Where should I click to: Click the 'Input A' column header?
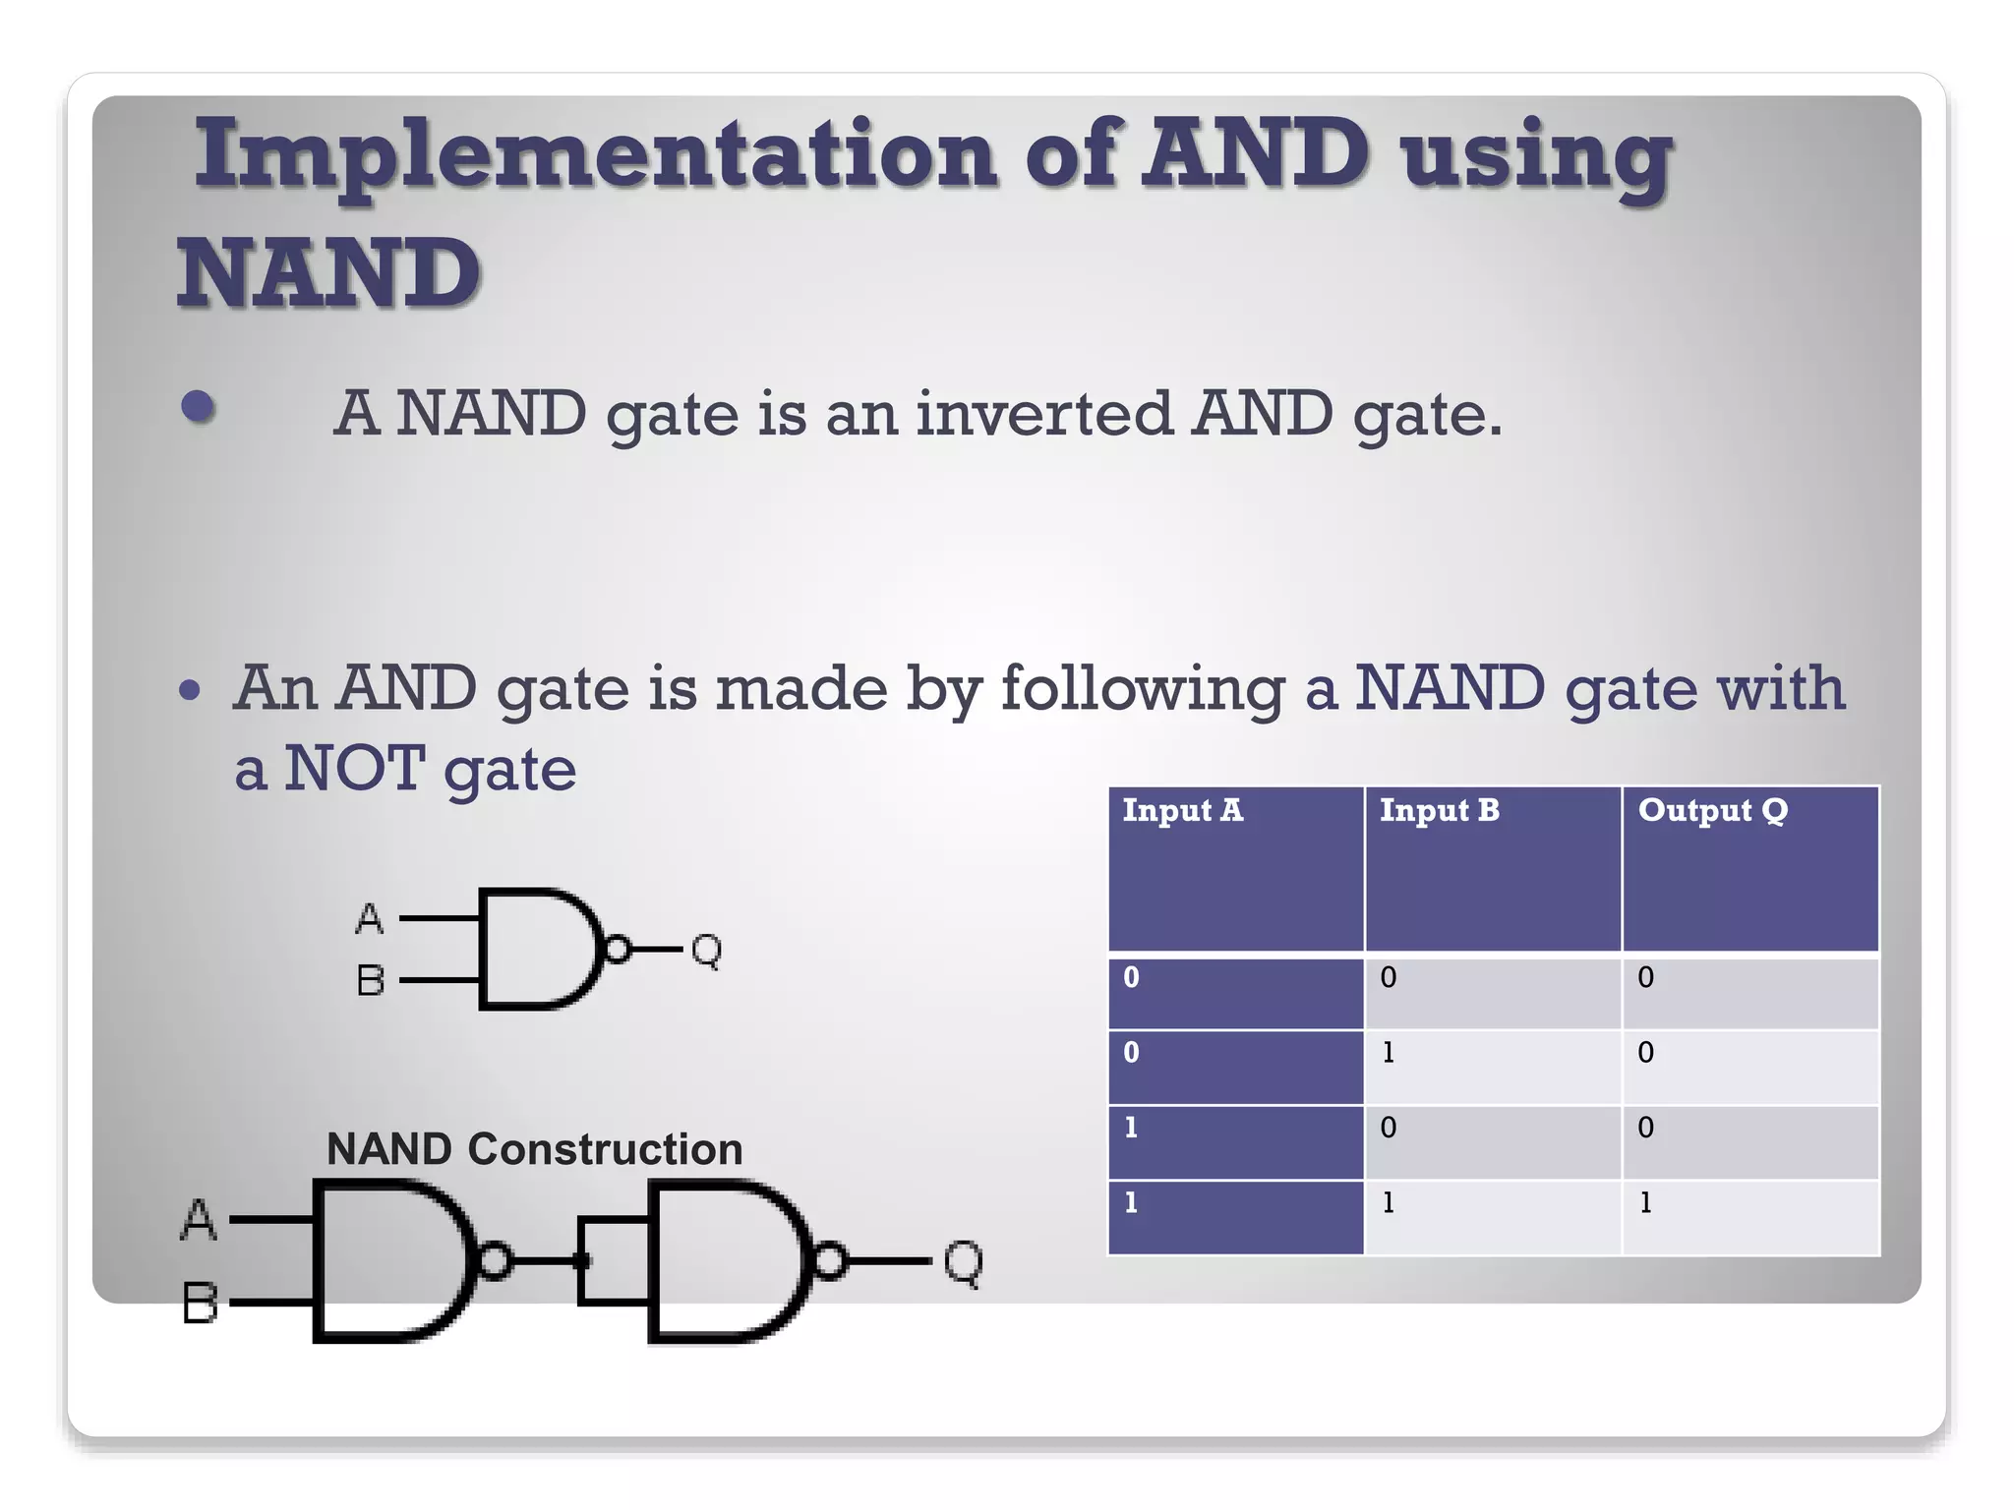coord(1182,810)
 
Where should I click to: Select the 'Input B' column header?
coord(1439,810)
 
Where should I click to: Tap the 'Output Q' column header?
coord(1712,810)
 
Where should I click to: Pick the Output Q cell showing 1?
coord(1645,1202)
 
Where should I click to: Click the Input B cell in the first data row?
coord(1388,977)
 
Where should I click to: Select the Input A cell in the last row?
coord(1131,1202)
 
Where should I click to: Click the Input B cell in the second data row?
coord(1388,1053)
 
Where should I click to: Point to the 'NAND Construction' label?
coord(534,1149)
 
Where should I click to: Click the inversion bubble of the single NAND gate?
coord(618,950)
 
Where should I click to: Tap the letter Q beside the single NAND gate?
coord(706,951)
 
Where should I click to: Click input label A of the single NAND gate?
coord(369,919)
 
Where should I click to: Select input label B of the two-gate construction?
coord(200,1304)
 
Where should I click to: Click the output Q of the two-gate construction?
coord(963,1262)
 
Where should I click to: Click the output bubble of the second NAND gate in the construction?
coord(830,1261)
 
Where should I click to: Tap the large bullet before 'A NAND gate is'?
coord(198,407)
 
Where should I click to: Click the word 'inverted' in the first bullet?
coord(1043,413)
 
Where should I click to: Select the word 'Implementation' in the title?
coord(596,154)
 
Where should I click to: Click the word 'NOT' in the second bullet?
coord(354,768)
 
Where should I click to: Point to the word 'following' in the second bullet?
coord(1142,688)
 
